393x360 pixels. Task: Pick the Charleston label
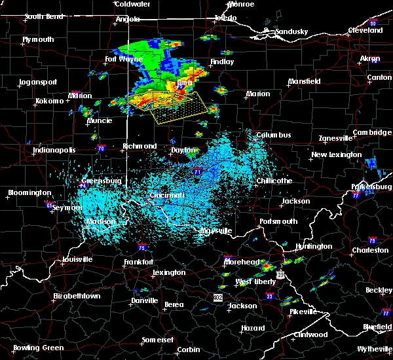pyautogui.click(x=369, y=250)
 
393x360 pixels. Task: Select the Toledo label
pyautogui.click(x=225, y=18)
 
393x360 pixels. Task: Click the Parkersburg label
pyautogui.click(x=371, y=187)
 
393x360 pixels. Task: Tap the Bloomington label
pyautogui.click(x=29, y=193)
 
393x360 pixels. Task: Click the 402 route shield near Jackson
pyautogui.click(x=217, y=297)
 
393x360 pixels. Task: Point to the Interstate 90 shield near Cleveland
pyautogui.click(x=374, y=24)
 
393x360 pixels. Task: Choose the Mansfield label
pyautogui.click(x=307, y=82)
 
